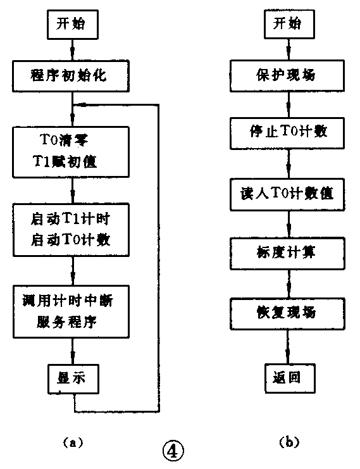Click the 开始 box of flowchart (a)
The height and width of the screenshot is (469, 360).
(73, 26)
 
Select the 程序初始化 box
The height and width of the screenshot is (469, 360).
(73, 76)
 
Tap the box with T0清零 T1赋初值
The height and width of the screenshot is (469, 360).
(73, 153)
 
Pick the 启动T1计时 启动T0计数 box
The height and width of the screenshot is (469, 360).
(73, 228)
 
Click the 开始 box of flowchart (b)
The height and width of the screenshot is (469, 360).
(288, 26)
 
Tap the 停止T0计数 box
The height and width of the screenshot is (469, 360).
(288, 132)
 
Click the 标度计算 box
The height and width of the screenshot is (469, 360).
(288, 253)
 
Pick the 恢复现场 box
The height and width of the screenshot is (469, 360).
(288, 313)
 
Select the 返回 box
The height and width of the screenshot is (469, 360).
(288, 378)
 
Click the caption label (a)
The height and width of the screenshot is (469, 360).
(73, 443)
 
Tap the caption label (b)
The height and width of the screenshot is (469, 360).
(288, 443)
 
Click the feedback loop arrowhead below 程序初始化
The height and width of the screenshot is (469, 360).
(79, 104)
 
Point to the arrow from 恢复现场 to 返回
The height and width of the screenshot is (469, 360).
(288, 347)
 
